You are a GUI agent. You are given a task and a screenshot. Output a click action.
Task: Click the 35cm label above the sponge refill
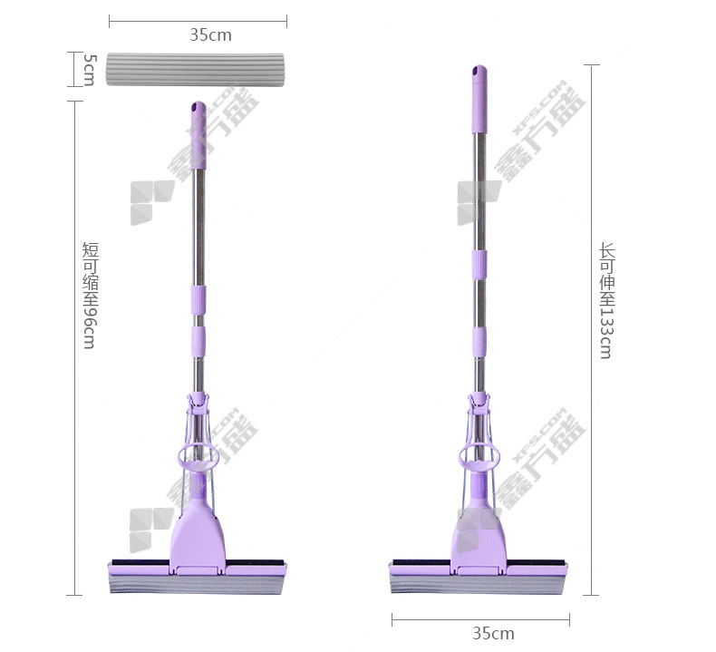(x=210, y=35)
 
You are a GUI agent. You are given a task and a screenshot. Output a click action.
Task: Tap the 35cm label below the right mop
(x=493, y=633)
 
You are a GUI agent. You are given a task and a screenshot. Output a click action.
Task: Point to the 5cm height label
(x=90, y=70)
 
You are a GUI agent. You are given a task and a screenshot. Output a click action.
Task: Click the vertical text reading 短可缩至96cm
(x=91, y=295)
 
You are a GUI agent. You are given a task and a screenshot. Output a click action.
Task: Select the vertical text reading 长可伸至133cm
(x=607, y=301)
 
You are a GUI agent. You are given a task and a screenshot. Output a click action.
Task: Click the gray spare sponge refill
(x=196, y=69)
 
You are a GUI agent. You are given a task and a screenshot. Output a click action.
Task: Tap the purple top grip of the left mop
(x=198, y=135)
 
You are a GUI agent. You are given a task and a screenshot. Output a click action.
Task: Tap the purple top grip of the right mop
(x=479, y=99)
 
